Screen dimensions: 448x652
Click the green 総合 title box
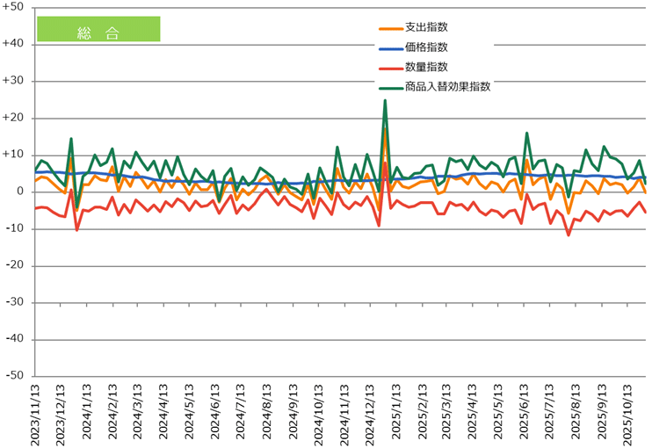(98, 30)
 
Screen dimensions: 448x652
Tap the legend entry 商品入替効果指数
(447, 86)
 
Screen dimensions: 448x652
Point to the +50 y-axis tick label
(15, 7)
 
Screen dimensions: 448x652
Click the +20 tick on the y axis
(15, 118)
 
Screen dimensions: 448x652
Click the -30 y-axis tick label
(15, 302)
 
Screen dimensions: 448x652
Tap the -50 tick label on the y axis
(15, 376)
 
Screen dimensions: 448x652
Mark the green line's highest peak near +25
(385, 100)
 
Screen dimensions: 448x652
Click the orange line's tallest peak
(385, 129)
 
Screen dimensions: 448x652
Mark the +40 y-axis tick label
(15, 44)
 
